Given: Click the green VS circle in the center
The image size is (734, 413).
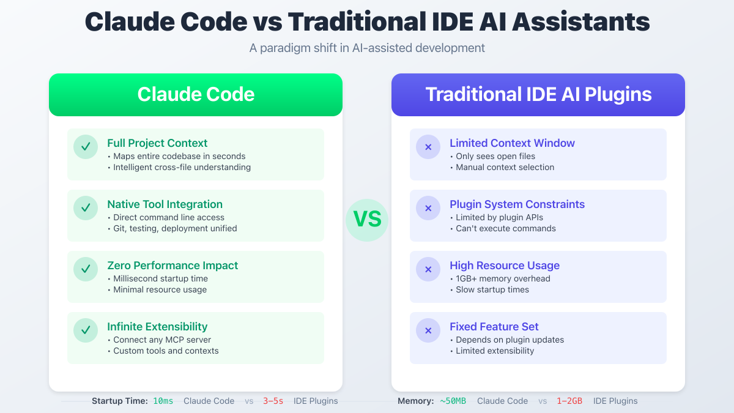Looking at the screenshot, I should click(x=367, y=220).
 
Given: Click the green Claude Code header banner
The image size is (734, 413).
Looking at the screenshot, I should click(x=196, y=95).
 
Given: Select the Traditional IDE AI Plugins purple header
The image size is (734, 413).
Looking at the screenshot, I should click(x=538, y=95).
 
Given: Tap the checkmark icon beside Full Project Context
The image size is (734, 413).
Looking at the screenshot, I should click(x=86, y=147).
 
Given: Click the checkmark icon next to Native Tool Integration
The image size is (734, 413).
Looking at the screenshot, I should click(x=86, y=208).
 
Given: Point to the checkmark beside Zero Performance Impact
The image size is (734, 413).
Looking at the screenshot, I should click(x=86, y=269).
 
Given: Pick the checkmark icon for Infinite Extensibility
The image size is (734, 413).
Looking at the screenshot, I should click(x=86, y=330).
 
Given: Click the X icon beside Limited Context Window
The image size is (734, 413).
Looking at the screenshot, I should click(x=428, y=147).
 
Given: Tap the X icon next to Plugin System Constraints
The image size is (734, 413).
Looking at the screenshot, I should click(x=428, y=208).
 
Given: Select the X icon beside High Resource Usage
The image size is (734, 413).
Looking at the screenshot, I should click(x=428, y=269).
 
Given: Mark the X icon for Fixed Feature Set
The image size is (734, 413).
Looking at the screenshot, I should click(x=428, y=330).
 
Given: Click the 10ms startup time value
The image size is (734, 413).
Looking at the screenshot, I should click(x=163, y=401).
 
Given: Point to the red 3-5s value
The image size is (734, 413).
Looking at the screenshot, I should click(x=273, y=401).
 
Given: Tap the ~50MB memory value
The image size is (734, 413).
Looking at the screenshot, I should click(x=453, y=401).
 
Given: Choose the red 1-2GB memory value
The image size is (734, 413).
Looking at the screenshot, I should click(x=569, y=401).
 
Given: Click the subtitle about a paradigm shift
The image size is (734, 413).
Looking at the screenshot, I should click(x=367, y=48).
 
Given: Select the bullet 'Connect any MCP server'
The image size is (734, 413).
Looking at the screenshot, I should click(x=162, y=340).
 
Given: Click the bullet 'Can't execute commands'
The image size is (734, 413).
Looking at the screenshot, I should click(x=505, y=228).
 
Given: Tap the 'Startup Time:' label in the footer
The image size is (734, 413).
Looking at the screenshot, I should click(x=120, y=401).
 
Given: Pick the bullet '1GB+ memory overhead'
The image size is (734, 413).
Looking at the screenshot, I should click(x=503, y=278).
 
